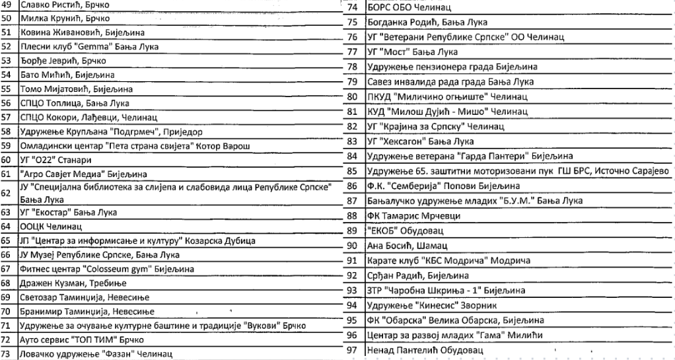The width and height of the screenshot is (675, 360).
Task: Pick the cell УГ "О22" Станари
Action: (x=55, y=160)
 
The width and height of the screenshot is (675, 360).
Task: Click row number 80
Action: (x=352, y=96)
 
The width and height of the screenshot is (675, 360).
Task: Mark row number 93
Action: (x=352, y=290)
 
